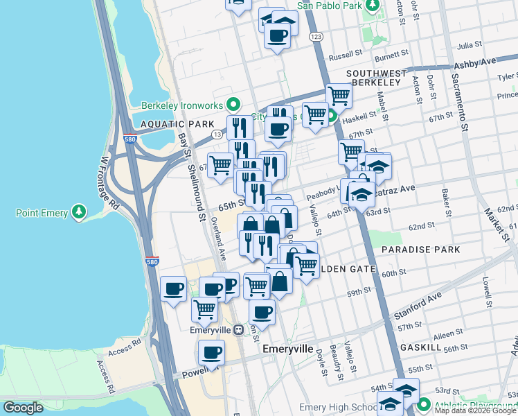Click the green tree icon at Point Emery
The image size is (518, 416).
80,210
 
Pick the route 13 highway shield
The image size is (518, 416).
217,134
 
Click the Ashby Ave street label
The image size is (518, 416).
474,62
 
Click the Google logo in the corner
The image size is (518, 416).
24,408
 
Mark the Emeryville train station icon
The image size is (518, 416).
238,330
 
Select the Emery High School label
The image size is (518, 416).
337,408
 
